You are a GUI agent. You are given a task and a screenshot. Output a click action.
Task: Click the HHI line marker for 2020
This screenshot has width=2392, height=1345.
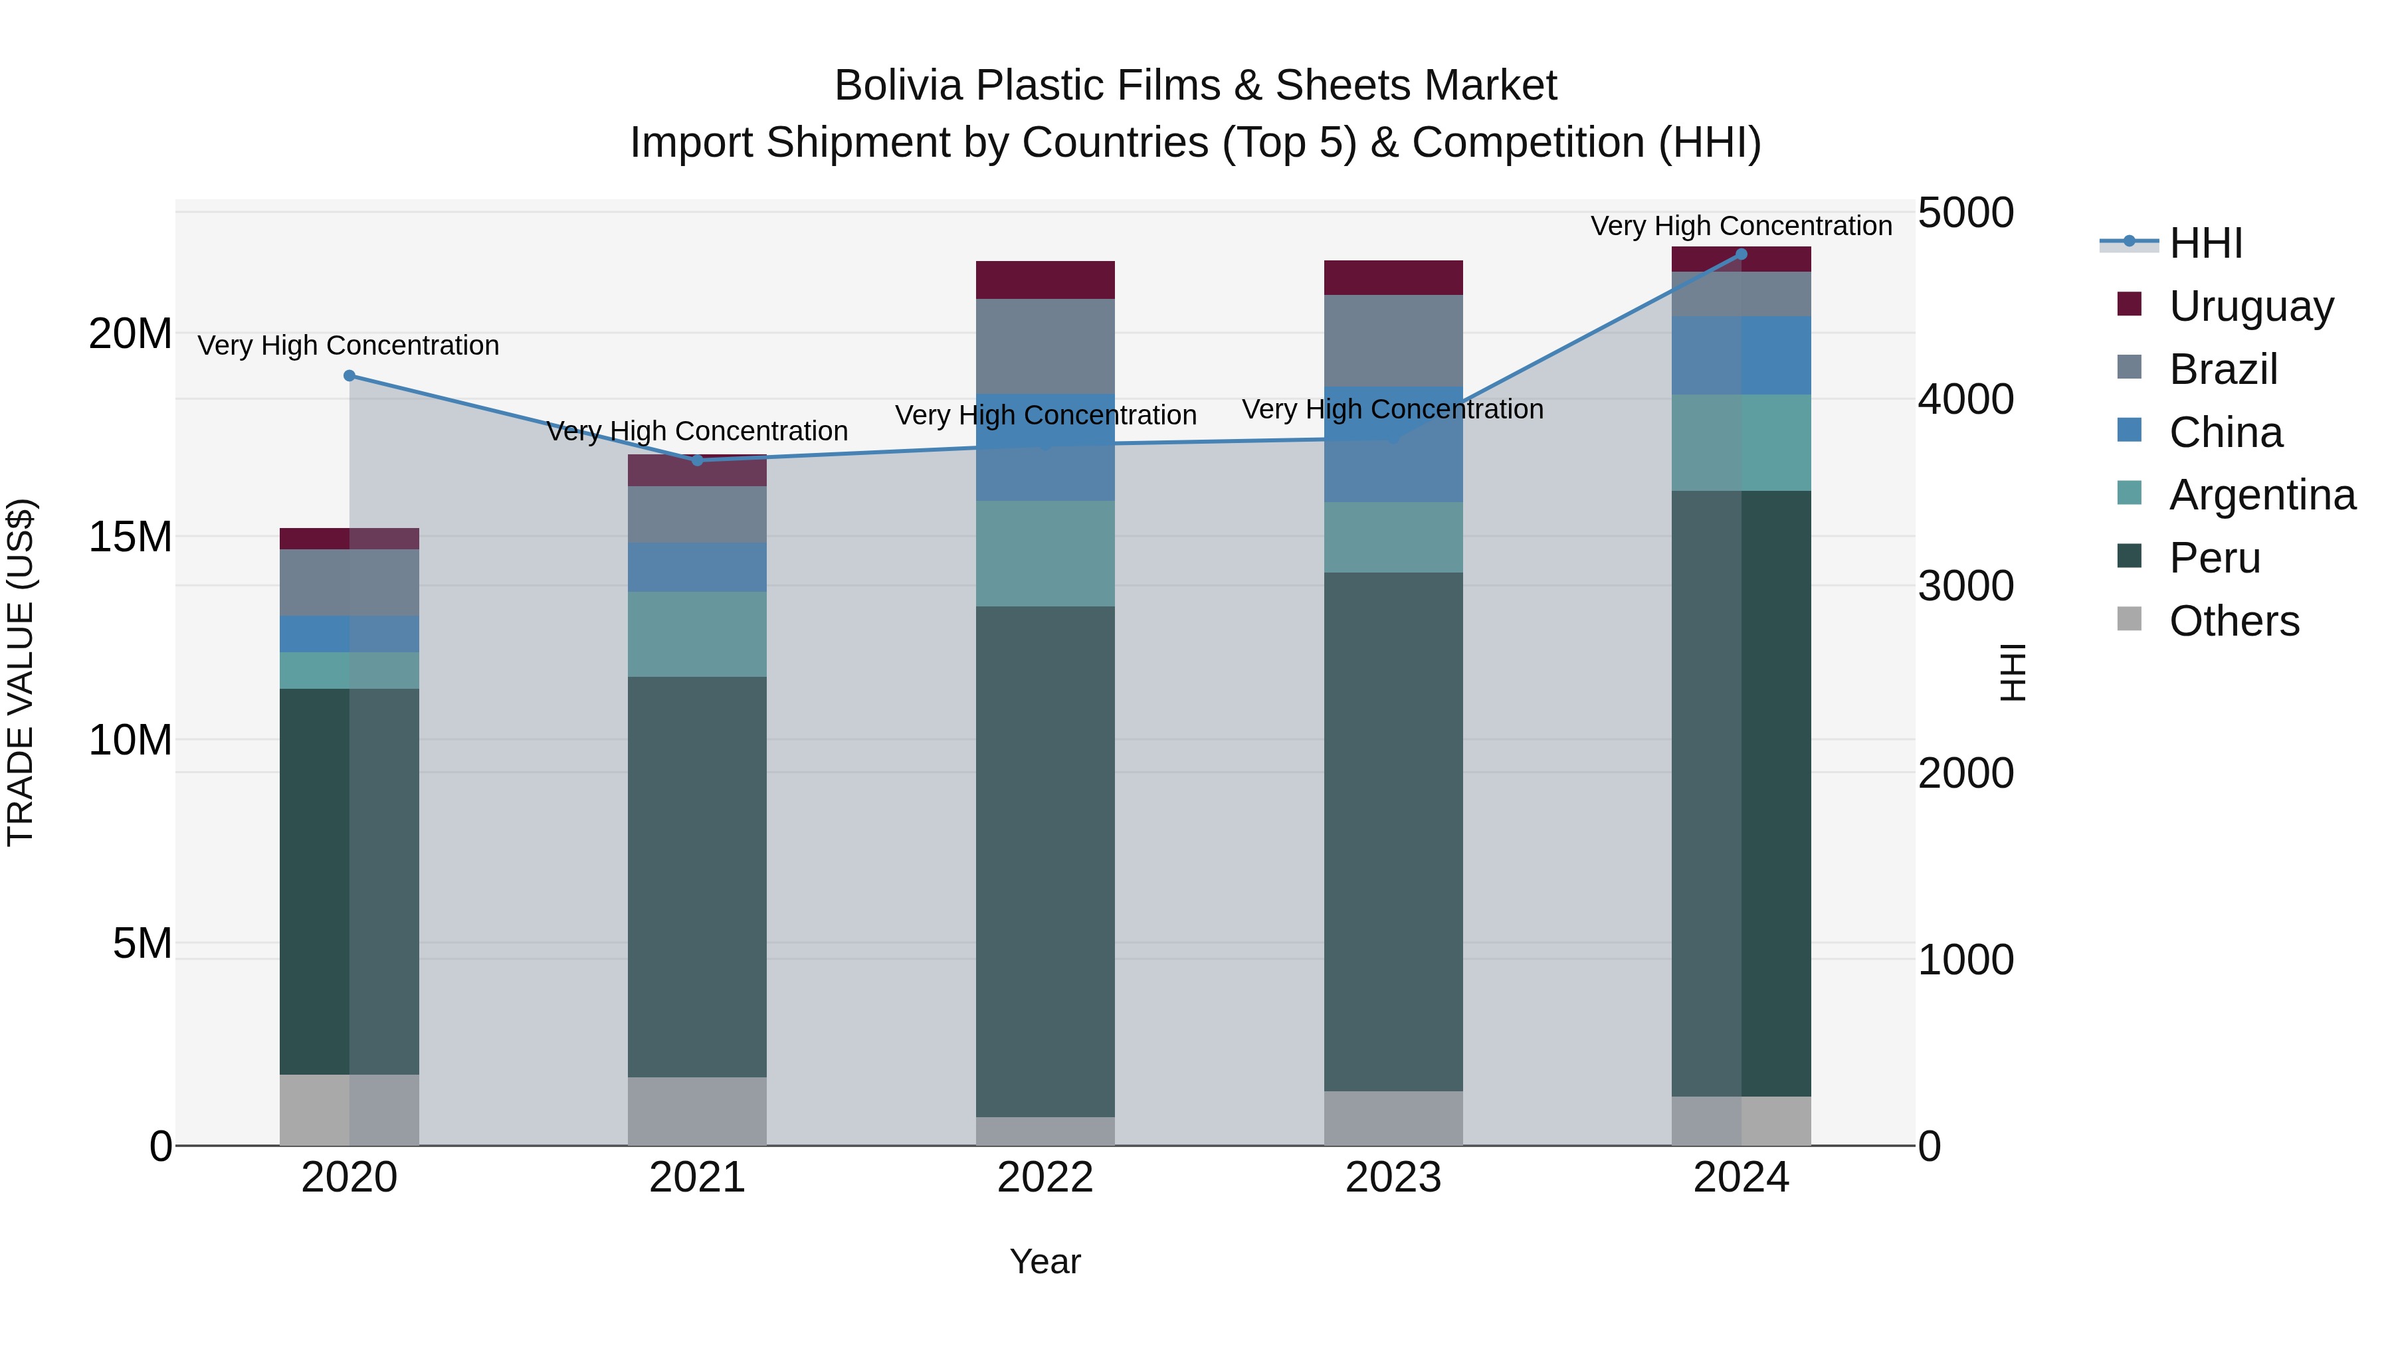point(349,376)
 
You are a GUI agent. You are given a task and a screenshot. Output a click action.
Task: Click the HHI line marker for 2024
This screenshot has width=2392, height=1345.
point(1741,254)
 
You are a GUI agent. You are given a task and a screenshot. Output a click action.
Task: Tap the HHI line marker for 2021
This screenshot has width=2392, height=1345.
point(698,460)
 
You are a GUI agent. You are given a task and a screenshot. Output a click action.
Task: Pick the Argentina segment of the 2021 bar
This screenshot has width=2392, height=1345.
point(698,634)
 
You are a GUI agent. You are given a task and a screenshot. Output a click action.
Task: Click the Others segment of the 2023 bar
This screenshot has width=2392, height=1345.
point(1393,1118)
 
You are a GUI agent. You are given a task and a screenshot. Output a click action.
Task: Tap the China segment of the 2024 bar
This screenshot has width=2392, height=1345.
point(1741,355)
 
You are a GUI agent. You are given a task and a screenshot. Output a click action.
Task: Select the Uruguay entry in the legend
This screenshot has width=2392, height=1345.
point(2251,306)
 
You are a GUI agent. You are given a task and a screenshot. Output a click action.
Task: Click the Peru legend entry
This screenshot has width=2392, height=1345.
point(2214,558)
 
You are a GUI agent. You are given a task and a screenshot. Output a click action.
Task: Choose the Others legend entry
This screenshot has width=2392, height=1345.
point(2233,621)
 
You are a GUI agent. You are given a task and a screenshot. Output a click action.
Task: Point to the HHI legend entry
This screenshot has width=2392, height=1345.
point(2205,243)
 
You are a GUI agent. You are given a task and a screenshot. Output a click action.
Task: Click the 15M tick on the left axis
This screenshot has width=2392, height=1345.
point(130,537)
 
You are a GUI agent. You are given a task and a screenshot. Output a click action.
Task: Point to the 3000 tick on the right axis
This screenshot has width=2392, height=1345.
point(1966,586)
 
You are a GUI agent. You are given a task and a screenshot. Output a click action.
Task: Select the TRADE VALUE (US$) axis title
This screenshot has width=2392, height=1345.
point(21,672)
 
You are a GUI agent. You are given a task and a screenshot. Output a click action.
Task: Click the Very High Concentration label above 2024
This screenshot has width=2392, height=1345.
point(1741,226)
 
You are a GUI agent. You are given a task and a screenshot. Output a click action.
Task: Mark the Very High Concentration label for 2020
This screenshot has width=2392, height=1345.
point(348,345)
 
